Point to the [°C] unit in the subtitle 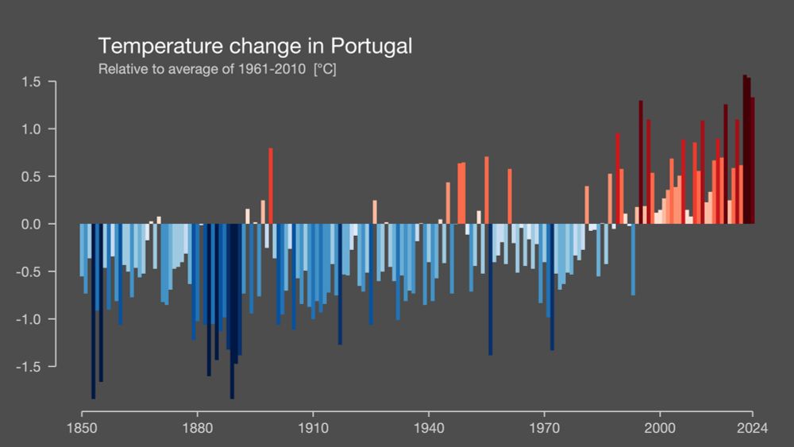pyautogui.click(x=325, y=69)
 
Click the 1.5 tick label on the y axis pyautogui.click(x=32, y=82)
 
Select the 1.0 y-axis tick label pyautogui.click(x=32, y=129)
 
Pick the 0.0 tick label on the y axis pyautogui.click(x=32, y=224)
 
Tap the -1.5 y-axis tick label pyautogui.click(x=29, y=366)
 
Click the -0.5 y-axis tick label pyautogui.click(x=29, y=272)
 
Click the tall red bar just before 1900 pyautogui.click(x=271, y=186)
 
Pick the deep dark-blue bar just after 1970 pyautogui.click(x=552, y=287)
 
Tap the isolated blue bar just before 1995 pyautogui.click(x=633, y=259)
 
